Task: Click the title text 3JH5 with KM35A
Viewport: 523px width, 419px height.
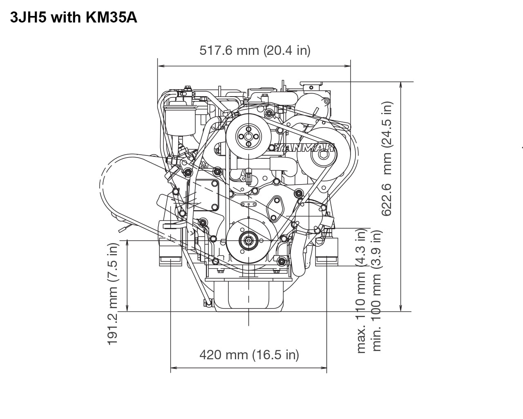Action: [x=74, y=18]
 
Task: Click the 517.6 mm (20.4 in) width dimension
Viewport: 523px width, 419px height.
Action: [x=255, y=50]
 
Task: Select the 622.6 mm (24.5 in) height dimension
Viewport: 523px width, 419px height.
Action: [x=387, y=158]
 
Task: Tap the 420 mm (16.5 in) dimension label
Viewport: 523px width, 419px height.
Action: [x=249, y=354]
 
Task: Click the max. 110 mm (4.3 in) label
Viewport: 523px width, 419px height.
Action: [x=361, y=291]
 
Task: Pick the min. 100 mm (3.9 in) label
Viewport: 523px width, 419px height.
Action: [x=377, y=291]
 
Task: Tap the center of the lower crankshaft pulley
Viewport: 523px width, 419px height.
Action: [x=248, y=241]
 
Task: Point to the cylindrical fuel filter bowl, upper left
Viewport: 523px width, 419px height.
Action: [x=180, y=121]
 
